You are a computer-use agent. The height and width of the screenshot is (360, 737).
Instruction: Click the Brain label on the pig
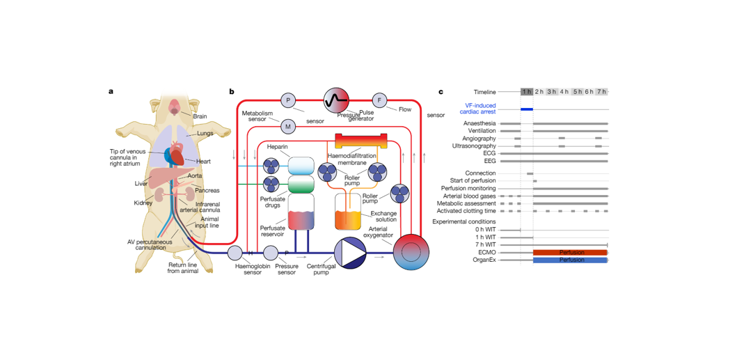pos(200,116)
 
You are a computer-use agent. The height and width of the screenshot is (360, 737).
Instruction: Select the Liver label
pos(142,184)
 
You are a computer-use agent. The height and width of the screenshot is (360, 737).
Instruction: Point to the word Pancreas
pos(207,190)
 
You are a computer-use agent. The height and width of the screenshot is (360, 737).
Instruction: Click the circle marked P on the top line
pos(288,101)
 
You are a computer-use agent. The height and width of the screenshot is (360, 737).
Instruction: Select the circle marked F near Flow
pos(379,101)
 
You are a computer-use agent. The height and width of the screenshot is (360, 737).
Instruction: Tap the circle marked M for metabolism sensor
pos(288,127)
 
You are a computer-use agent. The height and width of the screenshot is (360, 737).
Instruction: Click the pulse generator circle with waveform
pos(335,100)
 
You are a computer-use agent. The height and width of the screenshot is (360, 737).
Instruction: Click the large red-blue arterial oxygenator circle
pos(411,251)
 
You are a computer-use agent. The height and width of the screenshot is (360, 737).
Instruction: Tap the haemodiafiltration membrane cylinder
pos(360,141)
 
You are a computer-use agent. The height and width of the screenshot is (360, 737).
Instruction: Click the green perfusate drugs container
pos(301,185)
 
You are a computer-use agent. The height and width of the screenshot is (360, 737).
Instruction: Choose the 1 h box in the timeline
pos(527,92)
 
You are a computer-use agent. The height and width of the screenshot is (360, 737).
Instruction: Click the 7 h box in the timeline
pos(601,92)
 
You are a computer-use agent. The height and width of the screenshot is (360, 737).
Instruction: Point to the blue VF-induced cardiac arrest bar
pos(527,109)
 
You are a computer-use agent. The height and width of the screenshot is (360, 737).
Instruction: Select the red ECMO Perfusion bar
pos(571,252)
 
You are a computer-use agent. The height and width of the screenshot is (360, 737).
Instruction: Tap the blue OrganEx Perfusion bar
pos(571,260)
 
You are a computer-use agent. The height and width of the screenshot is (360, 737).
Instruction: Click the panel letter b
pos(232,92)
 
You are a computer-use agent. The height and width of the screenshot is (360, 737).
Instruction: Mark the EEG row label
pos(490,161)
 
